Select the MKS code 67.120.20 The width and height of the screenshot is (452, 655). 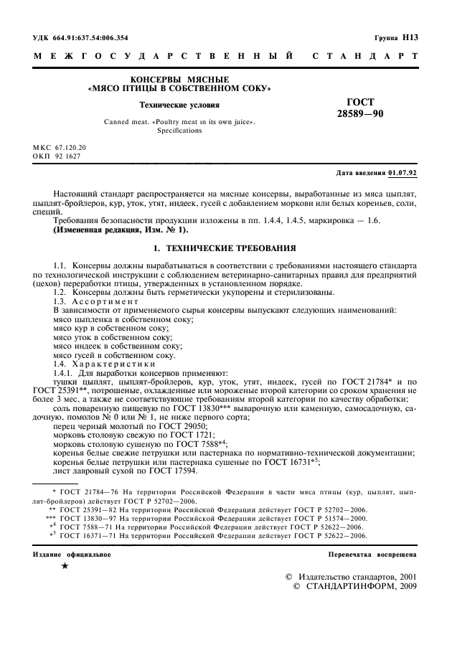click(x=70, y=146)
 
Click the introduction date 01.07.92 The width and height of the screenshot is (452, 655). click(x=402, y=174)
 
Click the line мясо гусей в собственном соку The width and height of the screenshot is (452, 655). click(x=115, y=354)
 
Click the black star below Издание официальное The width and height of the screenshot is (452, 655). click(x=65, y=566)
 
